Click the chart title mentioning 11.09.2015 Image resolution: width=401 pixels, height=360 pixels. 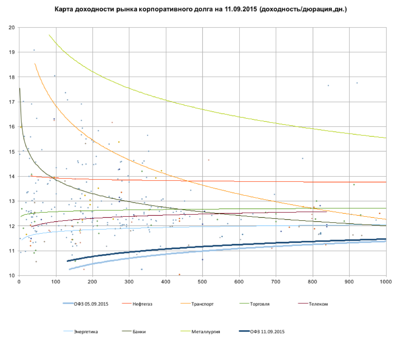point(201,9)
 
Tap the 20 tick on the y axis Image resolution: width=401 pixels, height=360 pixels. point(12,28)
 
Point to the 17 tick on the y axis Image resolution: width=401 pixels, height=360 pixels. point(12,102)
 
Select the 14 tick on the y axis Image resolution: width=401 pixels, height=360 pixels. point(12,177)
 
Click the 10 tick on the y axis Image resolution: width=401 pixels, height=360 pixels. point(12,276)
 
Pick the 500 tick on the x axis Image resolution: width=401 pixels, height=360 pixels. point(203,282)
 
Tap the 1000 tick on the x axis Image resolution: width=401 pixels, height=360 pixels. point(386,282)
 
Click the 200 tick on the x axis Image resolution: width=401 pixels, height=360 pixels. point(92,282)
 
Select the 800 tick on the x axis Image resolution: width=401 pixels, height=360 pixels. point(312,282)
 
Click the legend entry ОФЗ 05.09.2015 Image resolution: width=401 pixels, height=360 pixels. point(88,304)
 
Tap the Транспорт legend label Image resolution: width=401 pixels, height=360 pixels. point(203,304)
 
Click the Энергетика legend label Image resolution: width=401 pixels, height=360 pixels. point(86,331)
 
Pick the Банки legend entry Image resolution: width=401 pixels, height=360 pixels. point(139,331)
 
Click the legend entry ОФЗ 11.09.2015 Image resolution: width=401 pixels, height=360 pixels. point(267,331)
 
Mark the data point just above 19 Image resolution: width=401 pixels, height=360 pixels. point(34,50)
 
